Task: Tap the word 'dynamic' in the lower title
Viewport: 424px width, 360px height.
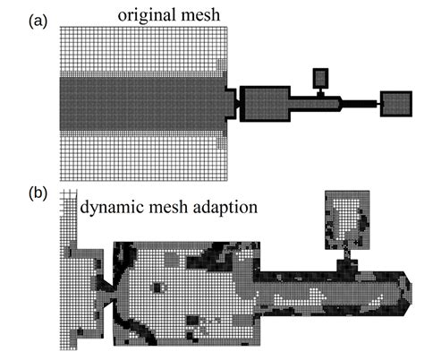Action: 114,208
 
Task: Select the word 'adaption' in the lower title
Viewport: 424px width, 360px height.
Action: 226,208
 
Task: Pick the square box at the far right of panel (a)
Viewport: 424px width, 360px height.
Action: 394,104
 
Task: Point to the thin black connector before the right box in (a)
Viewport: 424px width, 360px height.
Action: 362,105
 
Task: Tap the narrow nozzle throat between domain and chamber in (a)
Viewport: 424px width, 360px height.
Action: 234,104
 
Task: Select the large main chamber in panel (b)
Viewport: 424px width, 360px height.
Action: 188,291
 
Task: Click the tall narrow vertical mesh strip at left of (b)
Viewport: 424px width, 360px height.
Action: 68,269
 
